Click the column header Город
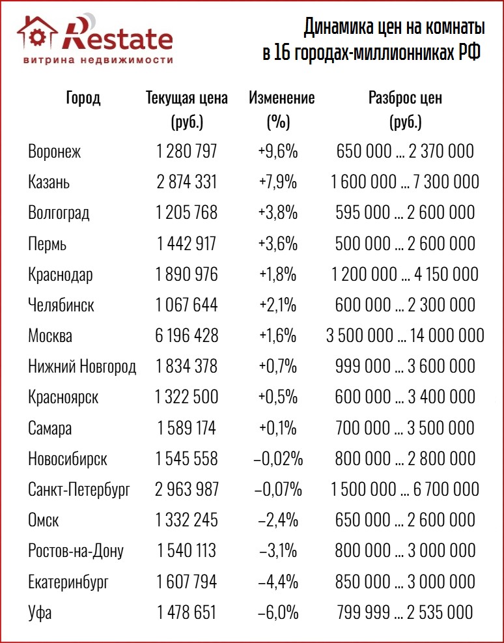pos(83,98)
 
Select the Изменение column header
pos(281,98)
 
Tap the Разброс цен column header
pos(405,98)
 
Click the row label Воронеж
pos(55,152)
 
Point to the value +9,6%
pos(277,152)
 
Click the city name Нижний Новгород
pos(82,367)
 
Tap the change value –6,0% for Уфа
pos(278,613)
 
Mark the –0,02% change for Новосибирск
pos(278,459)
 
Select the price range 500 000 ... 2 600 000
pos(405,244)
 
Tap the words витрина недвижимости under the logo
pos(98,60)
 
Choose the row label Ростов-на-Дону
pos(76,551)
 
